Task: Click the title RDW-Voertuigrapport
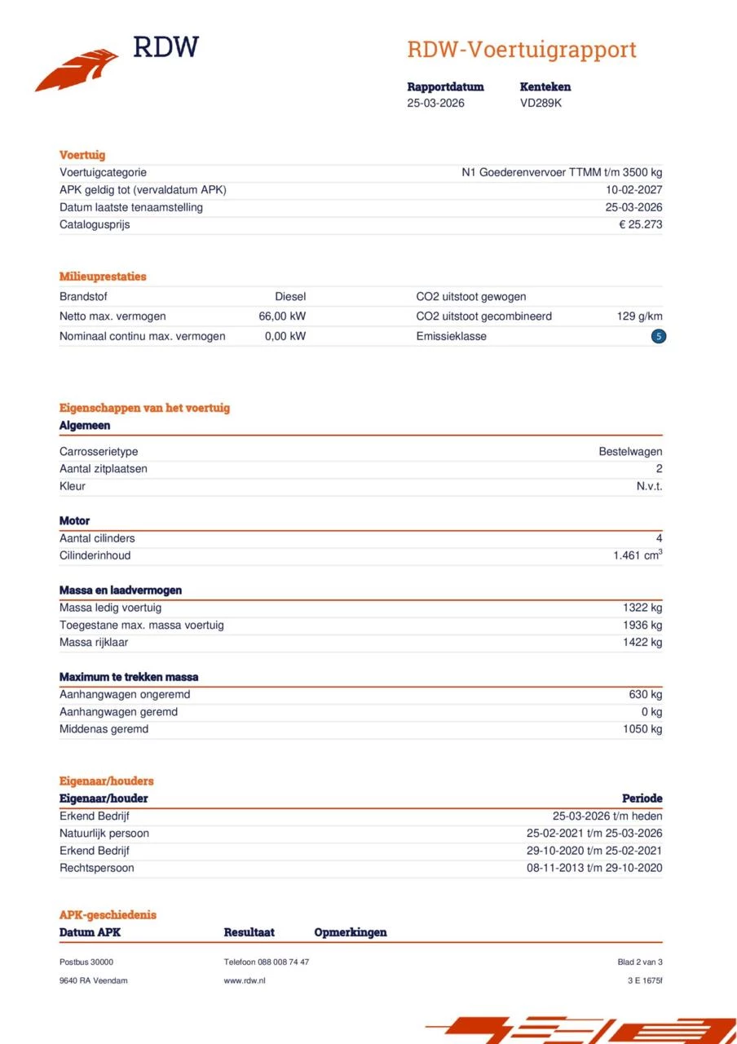tap(521, 50)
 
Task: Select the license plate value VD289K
tap(541, 104)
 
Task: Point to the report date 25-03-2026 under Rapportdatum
tap(435, 104)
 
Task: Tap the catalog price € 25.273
tap(640, 224)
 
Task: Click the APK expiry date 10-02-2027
tap(633, 190)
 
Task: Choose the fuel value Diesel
tap(290, 297)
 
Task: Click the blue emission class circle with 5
tap(659, 336)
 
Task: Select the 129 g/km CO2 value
tap(639, 316)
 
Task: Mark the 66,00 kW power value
tap(282, 316)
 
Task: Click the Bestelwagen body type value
tap(630, 452)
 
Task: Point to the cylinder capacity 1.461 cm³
tap(637, 555)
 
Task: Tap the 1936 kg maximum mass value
tap(642, 626)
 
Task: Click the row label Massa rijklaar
tap(94, 643)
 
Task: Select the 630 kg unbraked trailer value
tap(645, 695)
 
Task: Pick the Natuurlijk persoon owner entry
tap(104, 834)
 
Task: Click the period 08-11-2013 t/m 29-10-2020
tap(594, 868)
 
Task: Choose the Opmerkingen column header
tap(351, 932)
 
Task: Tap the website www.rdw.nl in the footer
tap(245, 980)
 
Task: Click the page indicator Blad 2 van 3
tap(640, 962)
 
